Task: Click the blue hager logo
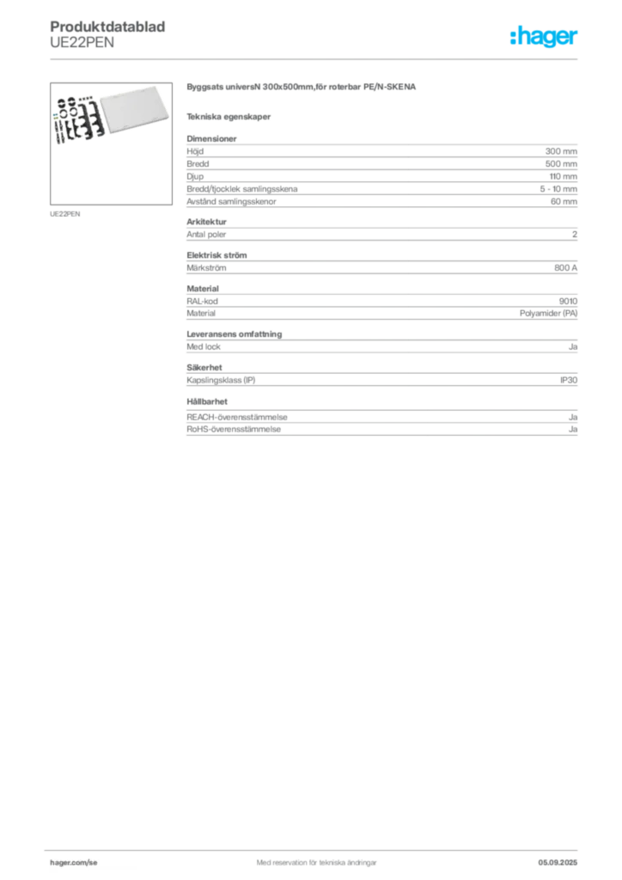(x=546, y=38)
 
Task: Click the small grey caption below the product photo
(x=65, y=213)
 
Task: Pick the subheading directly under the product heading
(x=230, y=116)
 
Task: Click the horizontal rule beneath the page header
(x=316, y=58)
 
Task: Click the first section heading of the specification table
(x=210, y=136)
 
